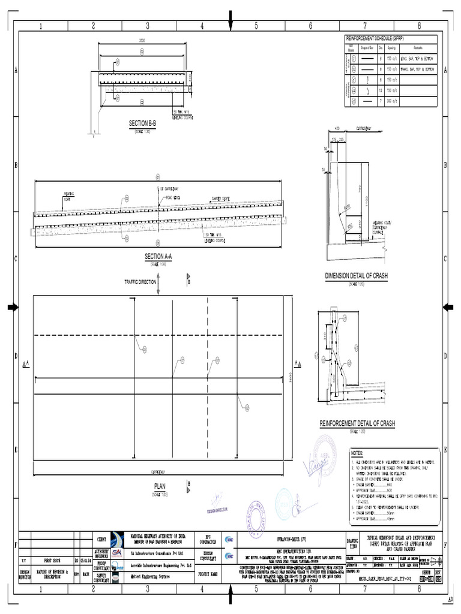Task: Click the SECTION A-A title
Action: (158, 256)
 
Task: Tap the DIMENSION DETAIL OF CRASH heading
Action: (357, 275)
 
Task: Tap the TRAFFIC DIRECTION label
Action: (139, 281)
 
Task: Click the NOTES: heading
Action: (358, 454)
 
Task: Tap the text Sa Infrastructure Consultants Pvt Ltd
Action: (161, 555)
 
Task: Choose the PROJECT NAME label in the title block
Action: (209, 574)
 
